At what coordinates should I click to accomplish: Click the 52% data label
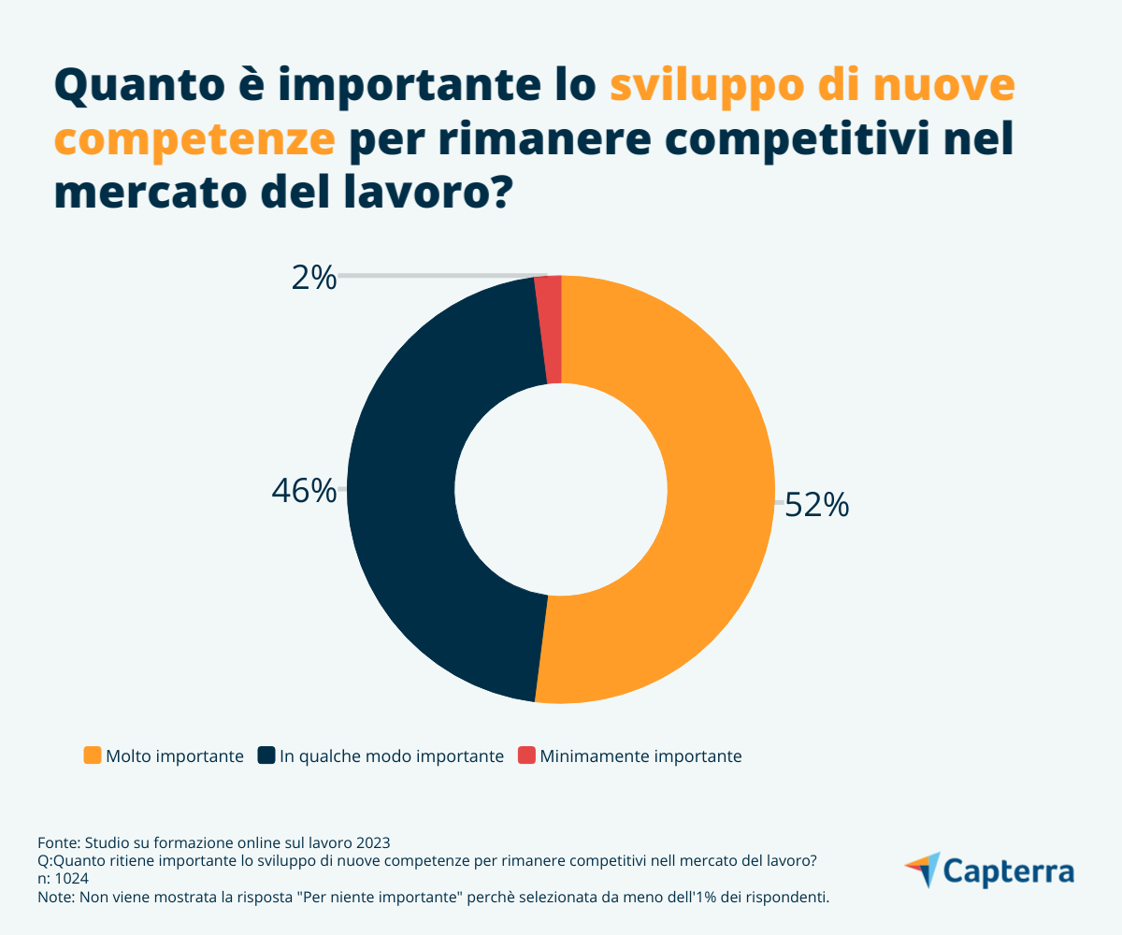[816, 505]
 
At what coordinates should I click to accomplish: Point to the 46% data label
[304, 491]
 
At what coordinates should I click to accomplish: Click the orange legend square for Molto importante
[92, 755]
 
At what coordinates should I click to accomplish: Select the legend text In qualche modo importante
[391, 756]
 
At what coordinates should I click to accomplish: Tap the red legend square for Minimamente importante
[526, 755]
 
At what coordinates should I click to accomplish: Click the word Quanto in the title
[138, 88]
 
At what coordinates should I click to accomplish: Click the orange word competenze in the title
[194, 140]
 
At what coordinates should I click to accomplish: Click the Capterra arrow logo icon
[922, 869]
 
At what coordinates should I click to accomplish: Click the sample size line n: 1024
[64, 879]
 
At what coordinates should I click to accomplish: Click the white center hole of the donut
[561, 488]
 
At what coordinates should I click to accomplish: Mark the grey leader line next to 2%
[439, 276]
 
